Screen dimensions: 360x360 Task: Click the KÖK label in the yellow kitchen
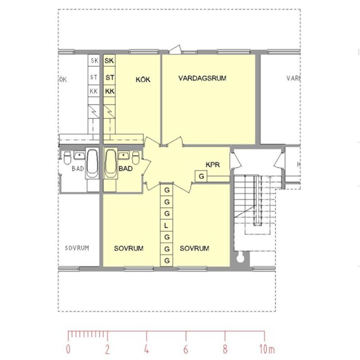click(x=143, y=80)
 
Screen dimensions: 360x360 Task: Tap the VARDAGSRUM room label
click(x=202, y=78)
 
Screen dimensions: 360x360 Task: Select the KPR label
click(x=212, y=165)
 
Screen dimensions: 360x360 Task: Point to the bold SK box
click(x=109, y=60)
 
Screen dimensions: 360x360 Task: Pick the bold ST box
click(x=109, y=77)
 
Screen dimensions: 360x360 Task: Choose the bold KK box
click(x=109, y=91)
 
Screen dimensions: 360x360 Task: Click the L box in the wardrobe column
click(x=166, y=225)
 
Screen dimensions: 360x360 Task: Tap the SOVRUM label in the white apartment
click(x=76, y=248)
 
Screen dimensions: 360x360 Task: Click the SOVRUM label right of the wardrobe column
click(x=194, y=248)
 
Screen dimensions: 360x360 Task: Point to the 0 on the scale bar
click(x=68, y=349)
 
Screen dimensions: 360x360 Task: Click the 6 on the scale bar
click(x=186, y=349)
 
